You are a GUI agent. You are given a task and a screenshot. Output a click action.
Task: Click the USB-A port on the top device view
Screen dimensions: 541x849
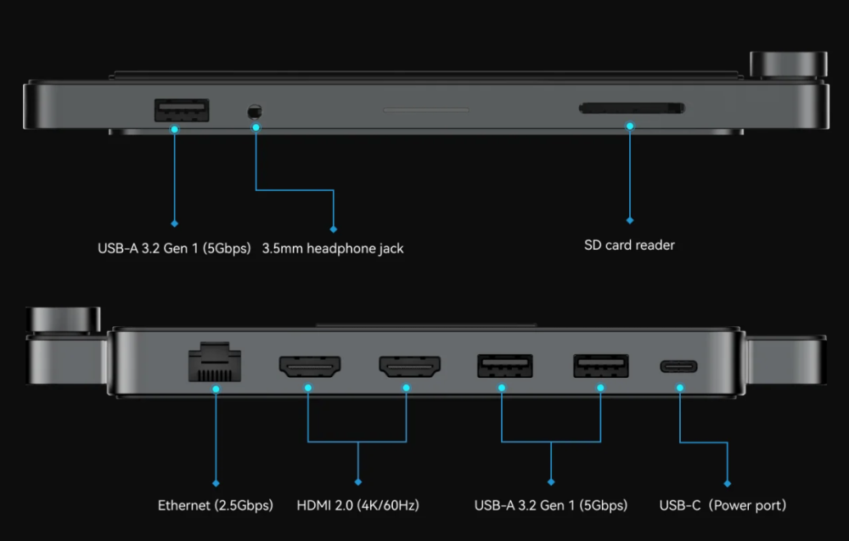coord(182,110)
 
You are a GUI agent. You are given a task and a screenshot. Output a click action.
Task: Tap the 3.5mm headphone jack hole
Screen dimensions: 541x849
coord(253,111)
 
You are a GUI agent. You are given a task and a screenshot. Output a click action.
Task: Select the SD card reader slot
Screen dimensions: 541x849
coord(631,108)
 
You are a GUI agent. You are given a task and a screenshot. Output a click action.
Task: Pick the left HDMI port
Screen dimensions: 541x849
coord(310,367)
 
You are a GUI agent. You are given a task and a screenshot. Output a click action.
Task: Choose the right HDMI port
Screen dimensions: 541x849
coord(409,367)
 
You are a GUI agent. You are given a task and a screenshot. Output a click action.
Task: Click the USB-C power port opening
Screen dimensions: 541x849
coord(679,367)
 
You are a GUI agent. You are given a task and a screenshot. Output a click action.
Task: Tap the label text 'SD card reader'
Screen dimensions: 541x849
coord(629,245)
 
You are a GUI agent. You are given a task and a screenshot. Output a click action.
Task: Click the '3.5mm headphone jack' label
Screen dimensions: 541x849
coord(333,249)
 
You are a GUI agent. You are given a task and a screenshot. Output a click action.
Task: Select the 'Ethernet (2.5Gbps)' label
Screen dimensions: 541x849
coord(216,505)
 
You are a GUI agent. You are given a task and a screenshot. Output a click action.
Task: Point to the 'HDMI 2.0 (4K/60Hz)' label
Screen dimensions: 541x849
coord(357,505)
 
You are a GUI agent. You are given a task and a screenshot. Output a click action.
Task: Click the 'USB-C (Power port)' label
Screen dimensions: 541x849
coord(722,505)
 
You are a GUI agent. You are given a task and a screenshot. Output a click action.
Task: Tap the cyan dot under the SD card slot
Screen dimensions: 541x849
coord(630,126)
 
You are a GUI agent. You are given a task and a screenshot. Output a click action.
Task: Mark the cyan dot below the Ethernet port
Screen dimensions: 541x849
coord(216,388)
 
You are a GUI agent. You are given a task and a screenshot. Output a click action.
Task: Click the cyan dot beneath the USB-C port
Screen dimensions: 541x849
coord(679,387)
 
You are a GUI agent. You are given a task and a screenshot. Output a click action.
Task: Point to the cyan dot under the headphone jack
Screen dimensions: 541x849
coord(256,127)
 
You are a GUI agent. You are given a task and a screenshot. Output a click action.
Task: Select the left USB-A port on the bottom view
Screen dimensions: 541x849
coord(503,366)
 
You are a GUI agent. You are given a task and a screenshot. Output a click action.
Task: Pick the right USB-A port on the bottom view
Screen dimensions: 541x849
coord(601,366)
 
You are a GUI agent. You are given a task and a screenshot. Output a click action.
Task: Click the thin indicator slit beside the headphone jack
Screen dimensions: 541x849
coord(425,110)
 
